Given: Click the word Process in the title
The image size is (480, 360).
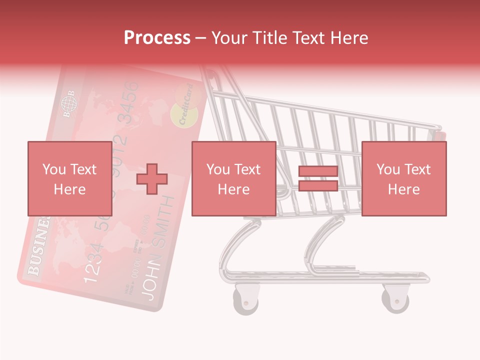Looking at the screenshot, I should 157,38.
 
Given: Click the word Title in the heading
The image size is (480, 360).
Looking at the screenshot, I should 269,38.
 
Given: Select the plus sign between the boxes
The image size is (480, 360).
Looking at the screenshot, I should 152,178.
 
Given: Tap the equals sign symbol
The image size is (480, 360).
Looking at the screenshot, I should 318,178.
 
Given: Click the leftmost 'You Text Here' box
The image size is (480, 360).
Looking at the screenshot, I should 69,178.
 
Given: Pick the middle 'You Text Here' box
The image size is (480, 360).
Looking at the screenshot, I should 233,178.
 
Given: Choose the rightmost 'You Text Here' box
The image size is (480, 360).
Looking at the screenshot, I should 403,178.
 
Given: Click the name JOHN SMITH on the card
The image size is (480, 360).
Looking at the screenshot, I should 159,250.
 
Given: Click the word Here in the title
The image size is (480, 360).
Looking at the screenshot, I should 350,38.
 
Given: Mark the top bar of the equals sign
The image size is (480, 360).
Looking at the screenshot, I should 318,171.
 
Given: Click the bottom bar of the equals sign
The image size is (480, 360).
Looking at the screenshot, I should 318,186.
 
